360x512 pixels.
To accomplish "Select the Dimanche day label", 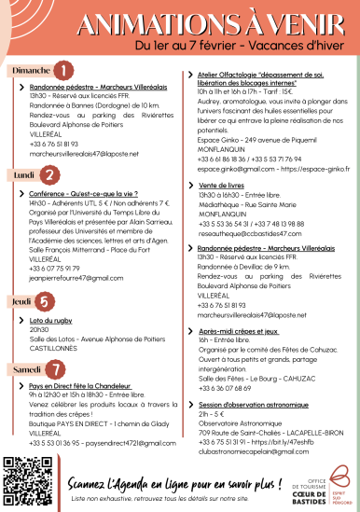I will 29,69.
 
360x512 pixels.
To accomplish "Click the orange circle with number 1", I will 62,69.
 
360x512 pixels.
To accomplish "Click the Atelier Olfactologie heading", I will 265,78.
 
